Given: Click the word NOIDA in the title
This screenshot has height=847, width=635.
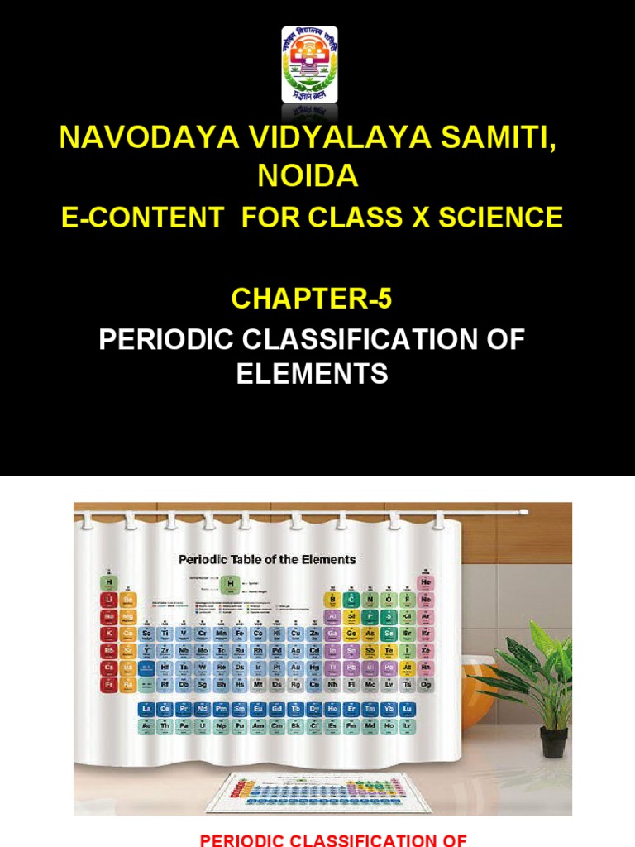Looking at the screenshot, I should pyautogui.click(x=308, y=175).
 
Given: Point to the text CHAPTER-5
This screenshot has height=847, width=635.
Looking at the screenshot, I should pyautogui.click(x=311, y=299).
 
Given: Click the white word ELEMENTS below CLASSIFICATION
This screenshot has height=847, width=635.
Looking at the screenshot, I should pyautogui.click(x=312, y=374).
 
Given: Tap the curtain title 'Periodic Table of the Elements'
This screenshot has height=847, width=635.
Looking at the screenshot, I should pyautogui.click(x=267, y=560).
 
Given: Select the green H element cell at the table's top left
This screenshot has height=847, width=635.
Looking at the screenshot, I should pyautogui.click(x=107, y=581).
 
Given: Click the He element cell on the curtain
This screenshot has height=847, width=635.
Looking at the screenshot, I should pyautogui.click(x=427, y=581).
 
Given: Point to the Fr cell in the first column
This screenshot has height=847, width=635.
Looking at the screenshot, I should pyautogui.click(x=107, y=685).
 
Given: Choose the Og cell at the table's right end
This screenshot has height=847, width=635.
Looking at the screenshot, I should pyautogui.click(x=427, y=685).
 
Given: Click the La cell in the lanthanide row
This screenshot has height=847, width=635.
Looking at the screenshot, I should pyautogui.click(x=146, y=710).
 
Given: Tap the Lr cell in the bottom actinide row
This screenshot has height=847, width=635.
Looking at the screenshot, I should pyautogui.click(x=407, y=725).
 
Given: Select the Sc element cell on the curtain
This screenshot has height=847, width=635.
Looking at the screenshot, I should pyautogui.click(x=146, y=634).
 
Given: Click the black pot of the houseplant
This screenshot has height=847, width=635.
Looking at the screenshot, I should pyautogui.click(x=553, y=742).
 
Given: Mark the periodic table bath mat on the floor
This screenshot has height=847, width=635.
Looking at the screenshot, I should pyautogui.click(x=318, y=792).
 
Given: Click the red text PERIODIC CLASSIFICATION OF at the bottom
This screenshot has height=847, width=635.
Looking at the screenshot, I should pyautogui.click(x=333, y=840).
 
